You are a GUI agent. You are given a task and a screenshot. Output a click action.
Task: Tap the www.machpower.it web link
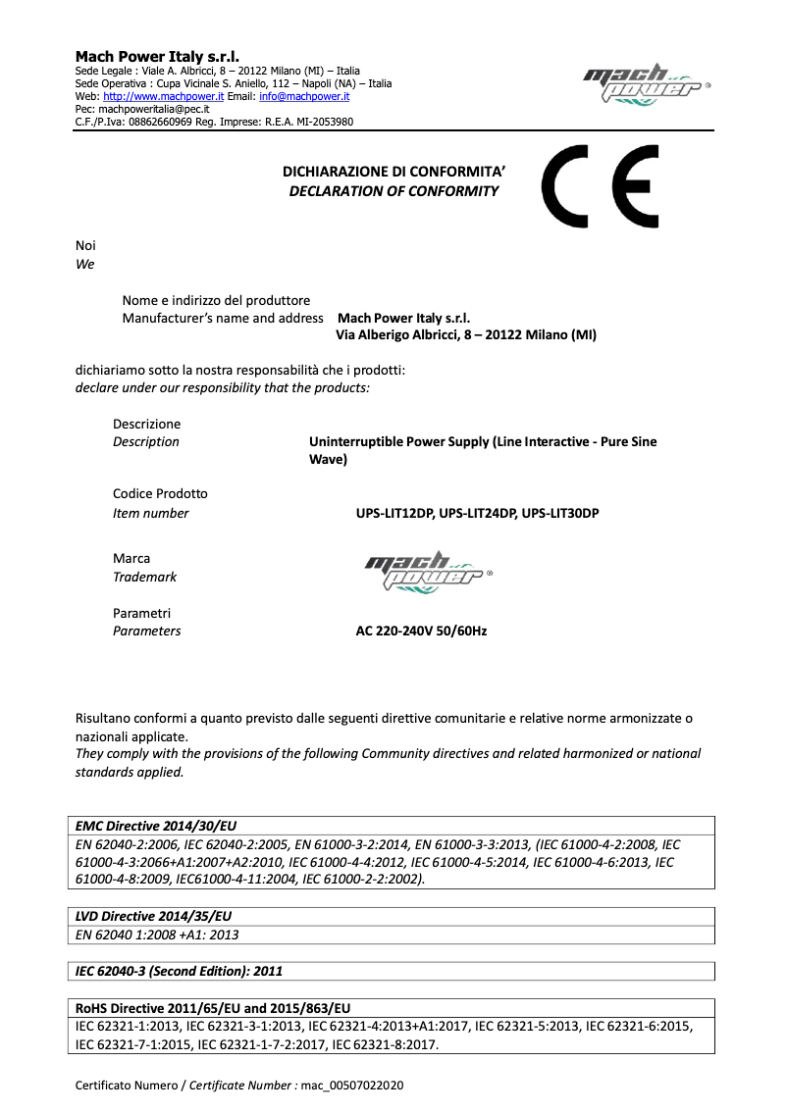tap(164, 96)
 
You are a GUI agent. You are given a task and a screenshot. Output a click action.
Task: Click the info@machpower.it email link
tap(304, 96)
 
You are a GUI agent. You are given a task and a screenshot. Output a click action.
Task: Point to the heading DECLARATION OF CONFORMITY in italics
tap(393, 191)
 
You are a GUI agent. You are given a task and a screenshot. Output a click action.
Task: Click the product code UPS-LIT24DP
tap(477, 514)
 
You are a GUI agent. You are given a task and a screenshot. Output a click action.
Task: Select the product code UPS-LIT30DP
tap(559, 514)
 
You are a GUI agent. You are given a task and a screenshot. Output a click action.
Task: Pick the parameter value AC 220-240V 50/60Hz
tap(421, 632)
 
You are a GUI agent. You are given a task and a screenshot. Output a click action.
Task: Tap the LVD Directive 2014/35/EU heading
tap(153, 915)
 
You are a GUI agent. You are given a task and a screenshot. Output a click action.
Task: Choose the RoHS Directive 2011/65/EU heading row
tap(213, 1007)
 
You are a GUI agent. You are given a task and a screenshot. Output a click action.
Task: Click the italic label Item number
tap(151, 514)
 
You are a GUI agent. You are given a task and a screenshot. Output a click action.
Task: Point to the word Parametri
tap(142, 613)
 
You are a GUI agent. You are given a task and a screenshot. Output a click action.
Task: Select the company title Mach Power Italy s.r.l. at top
tap(157, 57)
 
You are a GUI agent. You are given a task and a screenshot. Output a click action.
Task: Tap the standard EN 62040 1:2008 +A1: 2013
tap(157, 935)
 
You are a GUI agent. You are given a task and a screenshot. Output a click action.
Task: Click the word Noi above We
tap(85, 245)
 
